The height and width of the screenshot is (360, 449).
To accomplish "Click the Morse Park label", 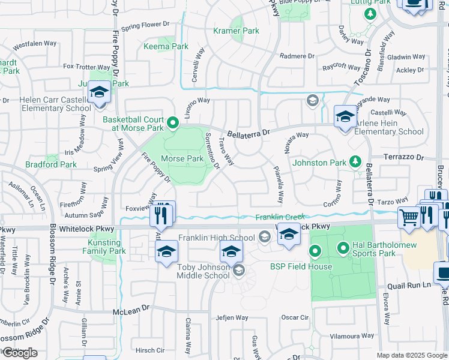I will click(182, 159).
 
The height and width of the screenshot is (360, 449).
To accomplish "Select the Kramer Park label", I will click(236, 31).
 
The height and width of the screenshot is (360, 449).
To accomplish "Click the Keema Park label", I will click(166, 46).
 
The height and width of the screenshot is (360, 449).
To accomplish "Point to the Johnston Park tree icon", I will click(355, 161).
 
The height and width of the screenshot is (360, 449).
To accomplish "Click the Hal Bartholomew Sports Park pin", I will click(344, 247).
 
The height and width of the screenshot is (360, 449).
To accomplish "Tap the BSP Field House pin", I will click(314, 251).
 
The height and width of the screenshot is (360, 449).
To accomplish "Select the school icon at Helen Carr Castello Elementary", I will click(99, 92).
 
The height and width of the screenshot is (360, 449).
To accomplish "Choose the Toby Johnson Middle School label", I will click(203, 271).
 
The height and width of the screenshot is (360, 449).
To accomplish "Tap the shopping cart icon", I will click(409, 218).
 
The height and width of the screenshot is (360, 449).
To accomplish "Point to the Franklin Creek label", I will click(280, 217).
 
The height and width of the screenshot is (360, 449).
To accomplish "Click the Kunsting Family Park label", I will click(104, 246).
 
